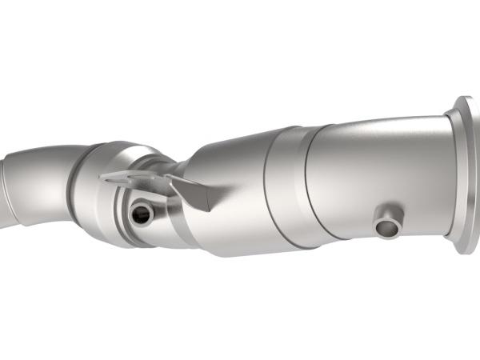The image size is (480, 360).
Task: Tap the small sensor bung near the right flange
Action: coord(389,223)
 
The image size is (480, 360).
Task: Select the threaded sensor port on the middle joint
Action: coord(142,213)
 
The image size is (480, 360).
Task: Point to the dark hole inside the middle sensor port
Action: coord(142,214)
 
